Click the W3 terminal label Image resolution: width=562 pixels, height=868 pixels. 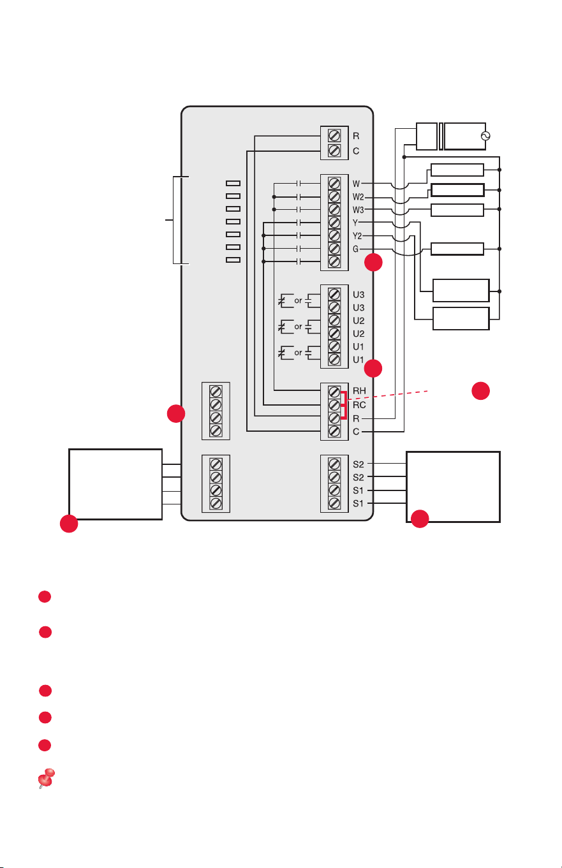tap(358, 210)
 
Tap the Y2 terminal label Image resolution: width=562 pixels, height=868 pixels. tap(357, 235)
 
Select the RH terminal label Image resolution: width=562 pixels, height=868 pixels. tap(359, 390)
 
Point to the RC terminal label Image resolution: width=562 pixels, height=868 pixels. tap(359, 405)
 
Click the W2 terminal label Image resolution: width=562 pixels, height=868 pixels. tap(358, 197)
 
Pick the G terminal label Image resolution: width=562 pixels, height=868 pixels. tap(356, 249)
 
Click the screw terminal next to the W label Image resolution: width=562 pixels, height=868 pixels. tap(334, 183)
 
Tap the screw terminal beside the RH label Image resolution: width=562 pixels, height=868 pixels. tap(334, 392)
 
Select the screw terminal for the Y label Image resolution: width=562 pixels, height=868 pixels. tap(334, 223)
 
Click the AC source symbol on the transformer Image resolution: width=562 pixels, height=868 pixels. tap(485, 136)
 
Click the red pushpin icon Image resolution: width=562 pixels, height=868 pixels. tap(47, 778)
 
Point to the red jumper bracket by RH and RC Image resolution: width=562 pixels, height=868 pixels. tap(344, 406)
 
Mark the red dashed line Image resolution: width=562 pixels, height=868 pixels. tap(388, 395)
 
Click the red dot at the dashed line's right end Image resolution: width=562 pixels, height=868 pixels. tap(480, 390)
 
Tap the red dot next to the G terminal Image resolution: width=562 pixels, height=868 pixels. tap(373, 262)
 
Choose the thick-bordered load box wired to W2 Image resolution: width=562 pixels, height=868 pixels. tap(457, 190)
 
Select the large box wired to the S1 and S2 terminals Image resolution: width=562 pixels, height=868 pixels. tap(453, 487)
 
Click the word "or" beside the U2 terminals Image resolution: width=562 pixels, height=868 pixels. tap(298, 327)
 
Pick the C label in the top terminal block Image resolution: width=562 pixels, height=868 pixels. tap(356, 151)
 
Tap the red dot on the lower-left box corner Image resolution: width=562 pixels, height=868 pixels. tap(69, 524)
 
